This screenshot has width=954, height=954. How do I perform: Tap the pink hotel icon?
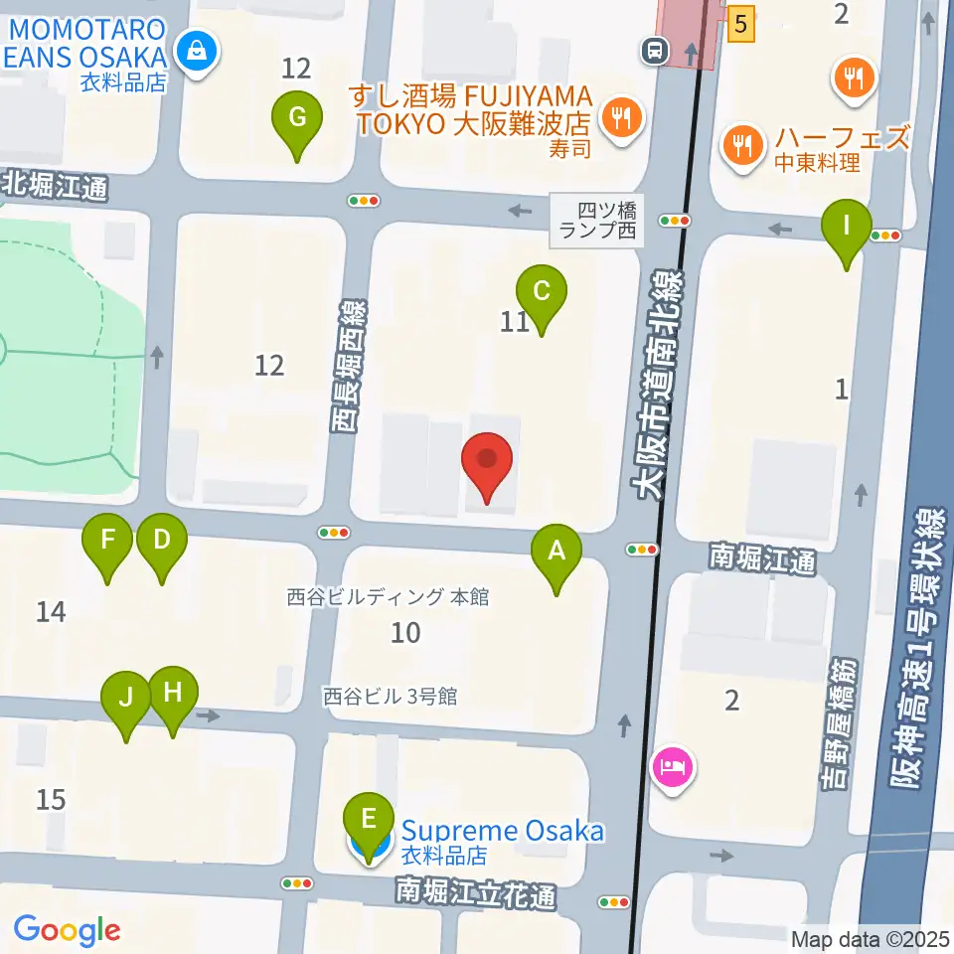click(x=673, y=767)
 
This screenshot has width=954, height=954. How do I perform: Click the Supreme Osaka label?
click(x=503, y=831)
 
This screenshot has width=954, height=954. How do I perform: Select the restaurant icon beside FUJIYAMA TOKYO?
click(x=622, y=119)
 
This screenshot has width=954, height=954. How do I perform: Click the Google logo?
click(x=67, y=930)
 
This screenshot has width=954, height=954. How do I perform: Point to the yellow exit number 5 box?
click(x=739, y=24)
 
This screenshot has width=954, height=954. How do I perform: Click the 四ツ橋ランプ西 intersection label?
click(x=596, y=221)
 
